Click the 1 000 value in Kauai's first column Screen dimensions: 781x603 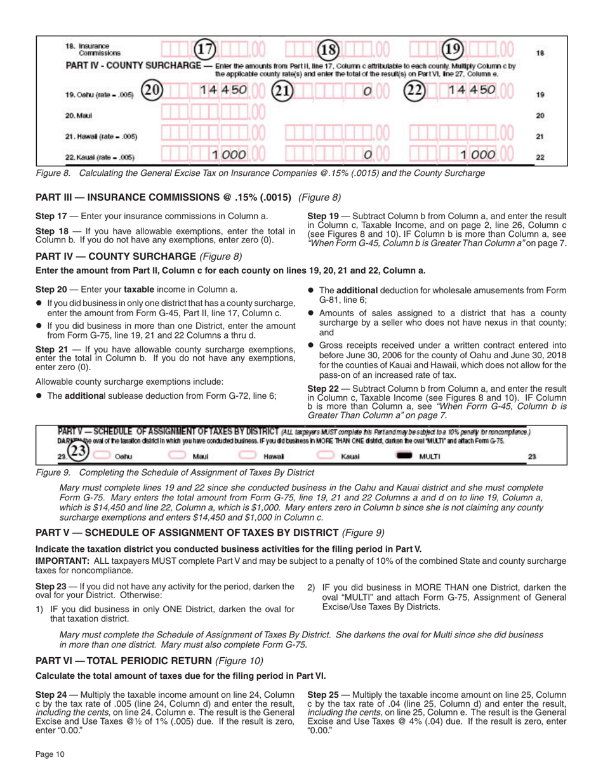(x=229, y=156)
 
